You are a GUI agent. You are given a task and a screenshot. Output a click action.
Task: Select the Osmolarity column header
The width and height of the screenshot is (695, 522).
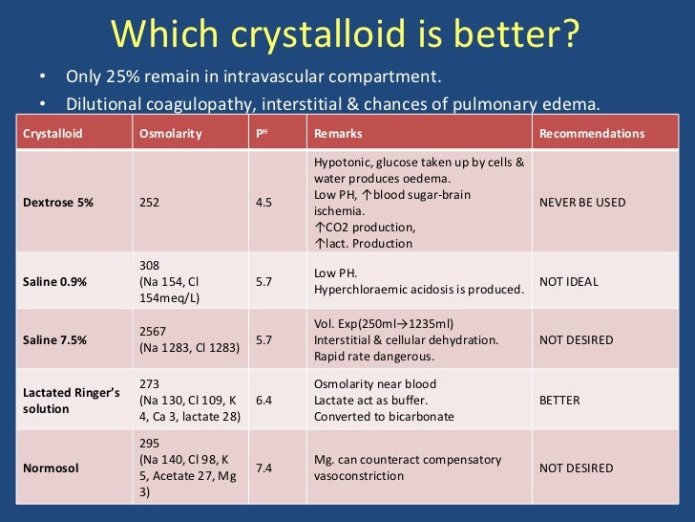coord(171,134)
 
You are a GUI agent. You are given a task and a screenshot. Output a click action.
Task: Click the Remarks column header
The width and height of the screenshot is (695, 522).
coord(337,134)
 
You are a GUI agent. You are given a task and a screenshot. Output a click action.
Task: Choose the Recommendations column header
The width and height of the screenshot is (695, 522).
coord(592,134)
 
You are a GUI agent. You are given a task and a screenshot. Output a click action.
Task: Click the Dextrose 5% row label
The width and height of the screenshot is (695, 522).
coord(59,203)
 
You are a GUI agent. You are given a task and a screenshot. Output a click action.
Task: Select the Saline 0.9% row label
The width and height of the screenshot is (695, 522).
coord(55,282)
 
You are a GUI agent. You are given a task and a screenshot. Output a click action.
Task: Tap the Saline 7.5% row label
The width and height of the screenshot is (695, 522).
coord(55,340)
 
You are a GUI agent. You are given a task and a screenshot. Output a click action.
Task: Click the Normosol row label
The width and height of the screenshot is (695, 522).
coord(50,468)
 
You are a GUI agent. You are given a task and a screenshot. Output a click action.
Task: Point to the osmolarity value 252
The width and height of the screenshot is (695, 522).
coord(150,203)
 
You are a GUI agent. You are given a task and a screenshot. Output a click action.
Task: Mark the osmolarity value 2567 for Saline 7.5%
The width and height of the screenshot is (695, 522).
coord(154,331)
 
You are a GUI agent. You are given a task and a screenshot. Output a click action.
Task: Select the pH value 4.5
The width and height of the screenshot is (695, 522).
coord(263,203)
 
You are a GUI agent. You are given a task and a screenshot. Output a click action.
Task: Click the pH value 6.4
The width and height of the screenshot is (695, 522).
coord(263,401)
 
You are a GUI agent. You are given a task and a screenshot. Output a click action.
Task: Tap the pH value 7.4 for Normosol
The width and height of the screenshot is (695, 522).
coord(263,468)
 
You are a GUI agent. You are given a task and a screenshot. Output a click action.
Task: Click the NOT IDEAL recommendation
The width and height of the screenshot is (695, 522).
coord(569,282)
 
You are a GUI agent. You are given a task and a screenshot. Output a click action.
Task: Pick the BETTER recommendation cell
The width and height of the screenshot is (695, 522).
coord(559,401)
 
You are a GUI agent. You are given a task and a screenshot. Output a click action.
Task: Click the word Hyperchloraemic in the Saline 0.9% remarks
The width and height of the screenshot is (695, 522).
coord(358,290)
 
